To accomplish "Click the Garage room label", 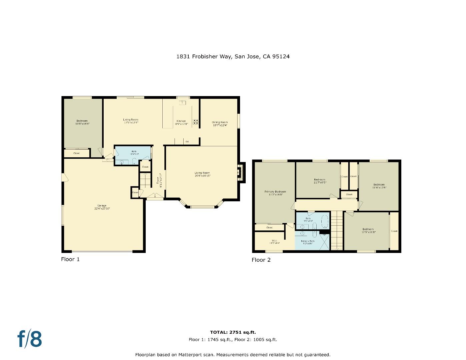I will pos(102,207).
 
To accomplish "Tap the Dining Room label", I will pos(220,124).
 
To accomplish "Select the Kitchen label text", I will pos(181,122).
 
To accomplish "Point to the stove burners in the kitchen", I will pos(196,122).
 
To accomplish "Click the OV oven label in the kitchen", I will pos(187,142).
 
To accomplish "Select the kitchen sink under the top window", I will pos(182,102).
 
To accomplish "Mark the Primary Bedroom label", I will pos(275,193).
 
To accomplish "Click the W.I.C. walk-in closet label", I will pos(274,242).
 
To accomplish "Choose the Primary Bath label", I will pos(307,242).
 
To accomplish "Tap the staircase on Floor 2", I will pos(337,230).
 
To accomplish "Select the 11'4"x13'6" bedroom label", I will pos(379,186).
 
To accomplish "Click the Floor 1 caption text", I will pos(70,259).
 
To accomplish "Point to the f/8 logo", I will pos(30,339).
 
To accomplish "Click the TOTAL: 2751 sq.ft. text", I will pos(233,332).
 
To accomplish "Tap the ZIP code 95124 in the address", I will pos(281,56).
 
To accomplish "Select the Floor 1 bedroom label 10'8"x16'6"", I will pos(82,122).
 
